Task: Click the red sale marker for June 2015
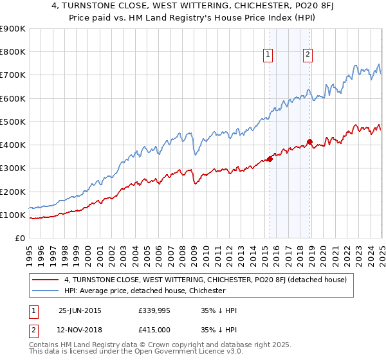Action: (x=270, y=159)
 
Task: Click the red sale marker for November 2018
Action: (x=309, y=141)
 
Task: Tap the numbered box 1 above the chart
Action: (x=267, y=55)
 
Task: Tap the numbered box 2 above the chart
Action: (x=308, y=55)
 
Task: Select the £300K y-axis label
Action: (x=12, y=168)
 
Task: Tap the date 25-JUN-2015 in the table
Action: (x=80, y=310)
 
